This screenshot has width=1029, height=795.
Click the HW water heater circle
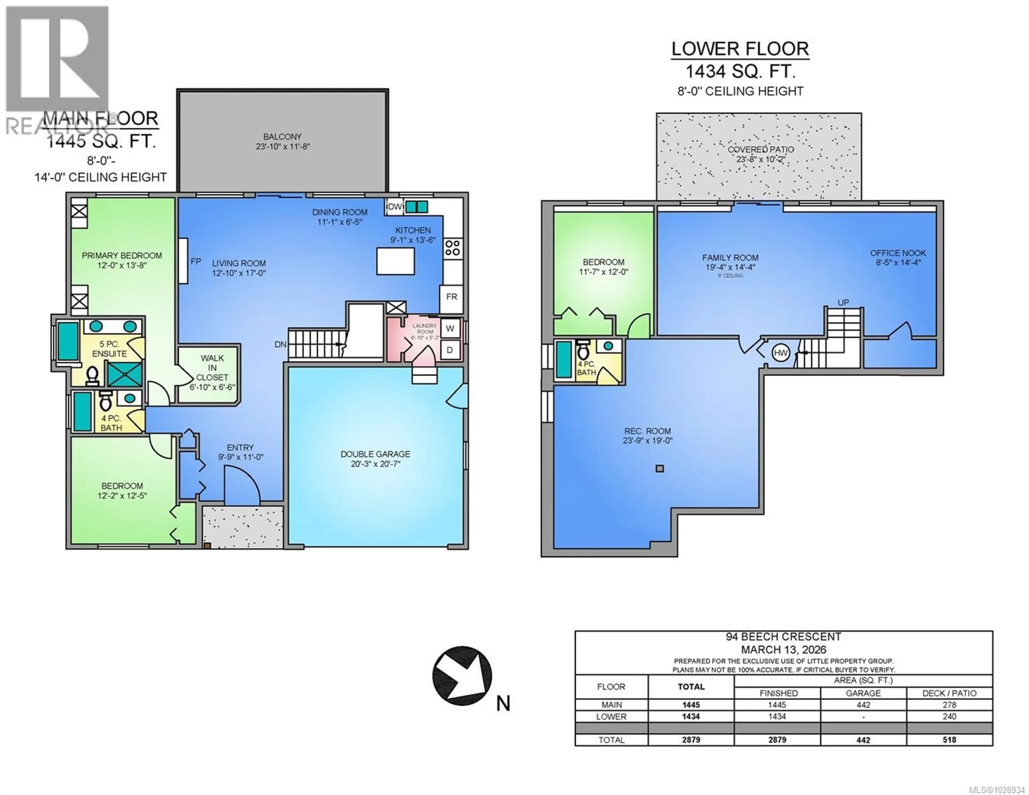coord(781,353)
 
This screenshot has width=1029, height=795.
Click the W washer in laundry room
coord(450,329)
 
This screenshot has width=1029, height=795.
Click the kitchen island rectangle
coord(395,261)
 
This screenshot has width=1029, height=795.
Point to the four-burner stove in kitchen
coord(453,247)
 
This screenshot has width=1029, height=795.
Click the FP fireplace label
coord(196,261)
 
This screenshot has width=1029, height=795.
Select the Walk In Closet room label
coord(212,368)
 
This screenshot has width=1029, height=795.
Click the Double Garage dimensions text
coord(375,464)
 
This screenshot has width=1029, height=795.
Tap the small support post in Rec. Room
coord(660,468)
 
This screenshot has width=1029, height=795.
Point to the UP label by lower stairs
coord(843,302)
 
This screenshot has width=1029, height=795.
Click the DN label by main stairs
coord(280,345)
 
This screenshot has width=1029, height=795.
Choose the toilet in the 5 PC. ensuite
coord(92,376)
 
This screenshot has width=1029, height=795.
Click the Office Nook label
coord(897,253)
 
